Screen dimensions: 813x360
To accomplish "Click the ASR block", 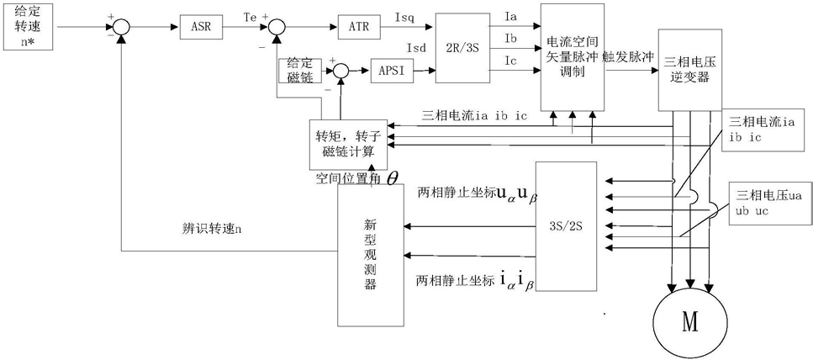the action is coord(201,26).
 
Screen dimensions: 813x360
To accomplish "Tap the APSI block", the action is coord(392,71).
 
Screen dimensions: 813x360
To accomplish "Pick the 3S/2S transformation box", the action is coord(566,226).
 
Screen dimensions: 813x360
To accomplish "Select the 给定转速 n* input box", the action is coord(28,26).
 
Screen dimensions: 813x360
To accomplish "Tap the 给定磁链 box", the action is coord(299,71).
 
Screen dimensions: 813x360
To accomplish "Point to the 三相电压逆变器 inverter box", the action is coord(689,70).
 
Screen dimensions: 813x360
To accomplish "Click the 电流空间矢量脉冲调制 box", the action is coord(573,57).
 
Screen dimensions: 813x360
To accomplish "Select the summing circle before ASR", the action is coord(121,26).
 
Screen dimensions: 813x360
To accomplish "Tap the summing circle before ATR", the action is coord(277,26).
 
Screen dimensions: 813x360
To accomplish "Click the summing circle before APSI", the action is coord(341,71).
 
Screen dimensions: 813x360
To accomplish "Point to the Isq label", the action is coord(404,19).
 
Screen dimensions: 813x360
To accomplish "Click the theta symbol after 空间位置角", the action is coord(393,179).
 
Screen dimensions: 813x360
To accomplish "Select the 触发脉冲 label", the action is coord(627,56).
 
